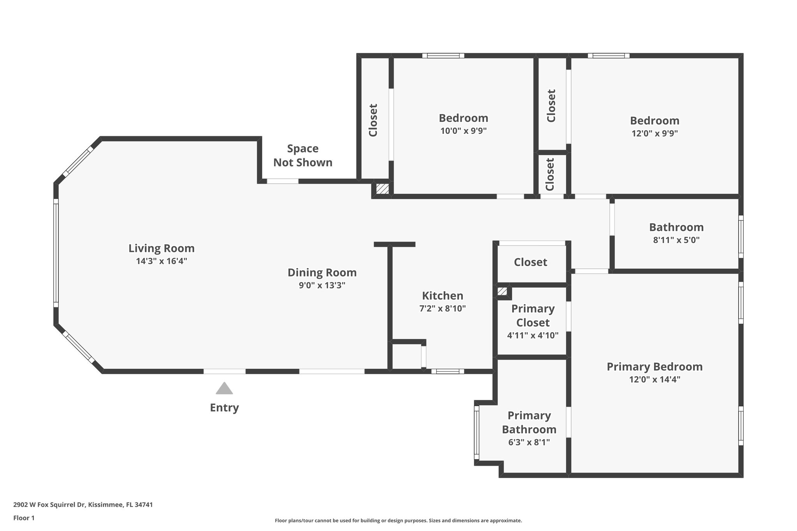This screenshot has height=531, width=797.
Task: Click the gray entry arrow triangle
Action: [224, 389]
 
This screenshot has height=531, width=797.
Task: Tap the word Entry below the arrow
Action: [224, 408]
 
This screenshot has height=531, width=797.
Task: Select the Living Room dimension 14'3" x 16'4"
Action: [162, 261]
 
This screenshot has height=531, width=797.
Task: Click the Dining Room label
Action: [322, 272]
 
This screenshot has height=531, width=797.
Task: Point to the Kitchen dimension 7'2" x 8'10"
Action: [442, 308]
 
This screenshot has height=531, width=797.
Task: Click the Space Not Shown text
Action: [303, 156]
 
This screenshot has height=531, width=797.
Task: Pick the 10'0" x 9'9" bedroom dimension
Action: [463, 131]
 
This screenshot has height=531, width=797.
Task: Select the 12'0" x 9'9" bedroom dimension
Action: [655, 133]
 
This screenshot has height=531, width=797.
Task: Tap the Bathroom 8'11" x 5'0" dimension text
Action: [676, 240]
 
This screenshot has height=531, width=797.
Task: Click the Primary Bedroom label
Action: [655, 366]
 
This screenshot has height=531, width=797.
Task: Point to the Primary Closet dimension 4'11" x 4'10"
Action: [532, 335]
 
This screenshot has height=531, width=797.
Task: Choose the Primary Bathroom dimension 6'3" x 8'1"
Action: [529, 442]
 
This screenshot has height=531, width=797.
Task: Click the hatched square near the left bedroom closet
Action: [382, 189]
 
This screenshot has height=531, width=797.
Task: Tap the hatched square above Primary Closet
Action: [502, 291]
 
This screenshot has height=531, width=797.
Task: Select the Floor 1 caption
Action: [24, 518]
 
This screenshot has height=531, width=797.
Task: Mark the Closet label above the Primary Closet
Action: [530, 262]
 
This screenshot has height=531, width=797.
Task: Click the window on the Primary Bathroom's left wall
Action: [476, 433]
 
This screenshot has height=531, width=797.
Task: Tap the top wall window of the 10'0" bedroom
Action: [443, 56]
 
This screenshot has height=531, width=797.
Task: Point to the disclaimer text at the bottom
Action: [398, 520]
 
